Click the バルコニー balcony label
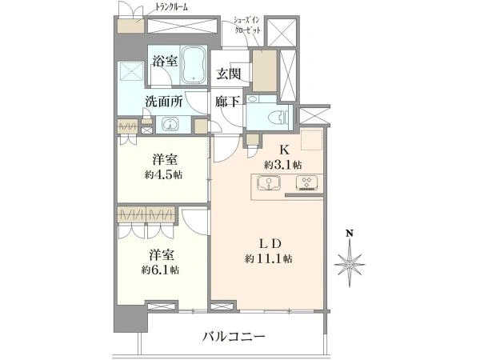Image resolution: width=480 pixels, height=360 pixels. pyautogui.click(x=234, y=337)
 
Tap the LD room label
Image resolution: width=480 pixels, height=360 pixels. pyautogui.click(x=270, y=244)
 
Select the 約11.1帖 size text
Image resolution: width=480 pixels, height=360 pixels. pyautogui.click(x=269, y=259)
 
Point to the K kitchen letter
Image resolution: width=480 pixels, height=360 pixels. pyautogui.click(x=284, y=150)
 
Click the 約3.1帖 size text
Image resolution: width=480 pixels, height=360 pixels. pyautogui.click(x=283, y=166)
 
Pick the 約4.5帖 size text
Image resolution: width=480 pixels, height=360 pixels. pyautogui.click(x=164, y=175)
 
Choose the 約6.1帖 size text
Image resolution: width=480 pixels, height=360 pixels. pyautogui.click(x=160, y=270)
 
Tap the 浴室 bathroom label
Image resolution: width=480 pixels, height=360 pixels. pyautogui.click(x=165, y=62)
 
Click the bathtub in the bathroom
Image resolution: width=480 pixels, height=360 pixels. pyautogui.click(x=194, y=65)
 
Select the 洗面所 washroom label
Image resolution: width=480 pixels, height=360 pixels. pyautogui.click(x=164, y=102)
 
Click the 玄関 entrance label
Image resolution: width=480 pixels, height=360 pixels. pyautogui.click(x=229, y=74)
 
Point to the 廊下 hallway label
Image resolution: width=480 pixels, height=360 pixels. pyautogui.click(x=227, y=102)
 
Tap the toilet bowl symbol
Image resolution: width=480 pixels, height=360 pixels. pyautogui.click(x=277, y=117)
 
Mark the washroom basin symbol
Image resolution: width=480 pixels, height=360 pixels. pyautogui.click(x=170, y=125)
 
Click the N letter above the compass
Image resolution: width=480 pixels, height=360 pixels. pyautogui.click(x=350, y=234)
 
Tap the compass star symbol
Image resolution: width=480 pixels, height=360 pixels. pyautogui.click(x=350, y=263)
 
